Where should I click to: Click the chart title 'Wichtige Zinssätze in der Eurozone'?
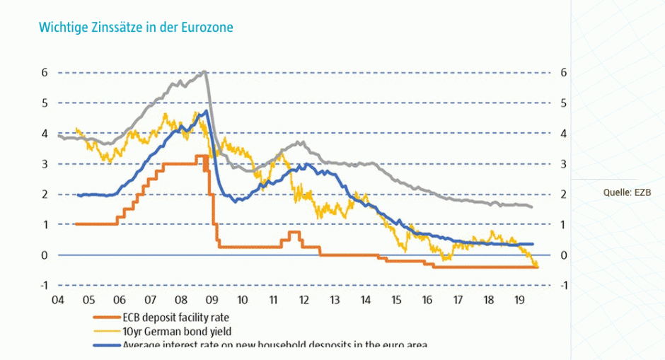pos(136,28)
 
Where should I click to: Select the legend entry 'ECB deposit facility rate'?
pos(175,318)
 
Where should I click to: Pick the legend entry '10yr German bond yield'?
pos(173,331)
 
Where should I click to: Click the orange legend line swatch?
pos(106,318)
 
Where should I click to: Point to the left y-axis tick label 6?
pos(44,72)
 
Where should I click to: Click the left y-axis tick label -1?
pos(43,285)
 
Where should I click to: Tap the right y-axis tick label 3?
pos(563,163)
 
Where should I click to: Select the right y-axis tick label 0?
pos(563,255)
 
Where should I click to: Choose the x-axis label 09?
pos(212,299)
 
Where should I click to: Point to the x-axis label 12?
pos(303,299)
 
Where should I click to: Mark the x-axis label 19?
pos(519,299)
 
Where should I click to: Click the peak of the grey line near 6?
pos(204,71)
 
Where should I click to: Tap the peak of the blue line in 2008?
pos(205,111)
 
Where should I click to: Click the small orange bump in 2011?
pos(294,232)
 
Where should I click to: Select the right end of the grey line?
pos(531,207)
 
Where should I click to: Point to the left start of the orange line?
pos(76,224)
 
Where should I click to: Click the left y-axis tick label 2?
pos(44,194)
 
